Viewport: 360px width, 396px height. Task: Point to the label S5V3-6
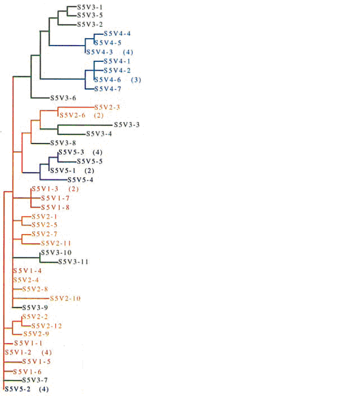pos(63,98)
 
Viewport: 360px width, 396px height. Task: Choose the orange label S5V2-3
pos(107,107)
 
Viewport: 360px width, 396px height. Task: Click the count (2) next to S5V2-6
pos(99,116)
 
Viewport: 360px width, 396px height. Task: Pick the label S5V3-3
pos(127,125)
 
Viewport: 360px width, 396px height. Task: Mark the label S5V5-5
pos(89,161)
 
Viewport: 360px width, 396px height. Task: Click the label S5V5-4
pos(80,180)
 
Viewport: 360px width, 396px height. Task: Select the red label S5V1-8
pos(54,207)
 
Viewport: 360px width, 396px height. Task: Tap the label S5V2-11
pos(55,243)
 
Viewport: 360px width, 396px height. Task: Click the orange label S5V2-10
pos(65,298)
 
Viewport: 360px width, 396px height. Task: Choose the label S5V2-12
pos(47,326)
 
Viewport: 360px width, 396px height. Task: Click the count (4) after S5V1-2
pos(47,352)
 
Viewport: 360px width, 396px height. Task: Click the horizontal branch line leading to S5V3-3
pos(84,125)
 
